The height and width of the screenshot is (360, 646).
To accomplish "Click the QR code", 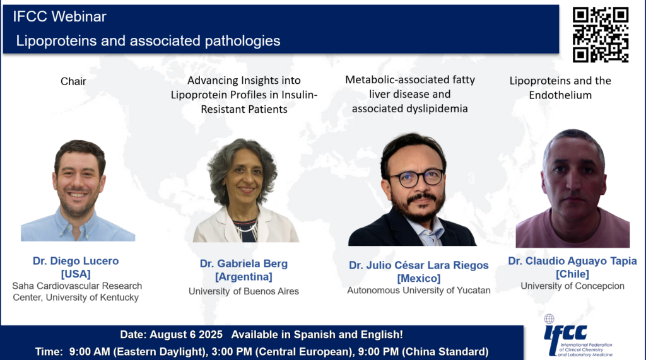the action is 601,35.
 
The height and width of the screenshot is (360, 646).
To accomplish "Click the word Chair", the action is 73,81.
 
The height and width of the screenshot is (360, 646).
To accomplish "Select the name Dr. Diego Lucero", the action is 76,261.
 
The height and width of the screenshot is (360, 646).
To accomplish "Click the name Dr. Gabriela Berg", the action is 244,264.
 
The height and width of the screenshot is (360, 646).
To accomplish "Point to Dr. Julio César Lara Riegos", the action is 419,265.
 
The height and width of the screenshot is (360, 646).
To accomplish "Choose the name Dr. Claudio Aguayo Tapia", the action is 572,261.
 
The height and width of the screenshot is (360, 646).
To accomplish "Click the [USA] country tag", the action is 76,274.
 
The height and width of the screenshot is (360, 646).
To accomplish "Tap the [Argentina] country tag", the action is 244,277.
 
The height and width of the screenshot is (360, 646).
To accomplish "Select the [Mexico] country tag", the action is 419,279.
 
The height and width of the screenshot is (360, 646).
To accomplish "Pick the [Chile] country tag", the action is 572,274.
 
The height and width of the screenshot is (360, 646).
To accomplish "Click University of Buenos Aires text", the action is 244,291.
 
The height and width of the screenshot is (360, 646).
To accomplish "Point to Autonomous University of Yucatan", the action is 419,291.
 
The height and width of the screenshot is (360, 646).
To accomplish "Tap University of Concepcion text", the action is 572,286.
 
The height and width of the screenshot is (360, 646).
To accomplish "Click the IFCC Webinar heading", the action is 59,16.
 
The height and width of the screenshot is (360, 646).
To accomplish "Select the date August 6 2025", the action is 186,334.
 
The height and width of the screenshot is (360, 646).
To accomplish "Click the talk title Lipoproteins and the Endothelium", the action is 560,88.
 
